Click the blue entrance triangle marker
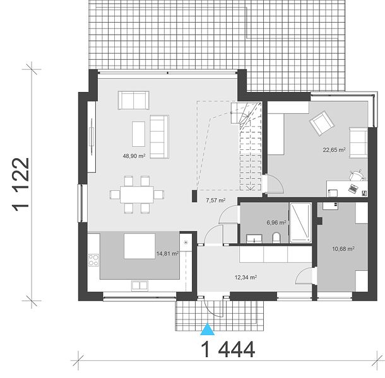(x=208, y=329)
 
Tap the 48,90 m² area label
(x=134, y=156)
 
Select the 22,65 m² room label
(x=334, y=149)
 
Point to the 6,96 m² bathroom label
(x=276, y=222)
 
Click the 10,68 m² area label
(x=343, y=249)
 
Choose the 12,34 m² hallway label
(x=246, y=277)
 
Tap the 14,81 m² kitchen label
(x=167, y=253)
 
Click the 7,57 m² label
(x=216, y=200)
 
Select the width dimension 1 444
(x=228, y=350)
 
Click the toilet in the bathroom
(x=276, y=238)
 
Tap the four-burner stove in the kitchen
(x=94, y=260)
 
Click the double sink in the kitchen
(x=139, y=285)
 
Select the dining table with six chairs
(x=137, y=195)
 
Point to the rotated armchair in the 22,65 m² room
(x=322, y=123)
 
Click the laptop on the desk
(x=353, y=188)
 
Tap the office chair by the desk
(x=357, y=175)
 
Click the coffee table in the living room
(x=138, y=134)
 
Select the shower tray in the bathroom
(x=301, y=222)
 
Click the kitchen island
(x=139, y=246)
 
